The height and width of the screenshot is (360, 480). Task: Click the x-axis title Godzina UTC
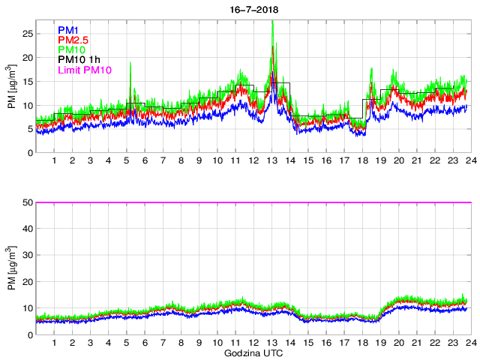[253, 352]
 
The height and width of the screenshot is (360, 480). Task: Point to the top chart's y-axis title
[11, 86]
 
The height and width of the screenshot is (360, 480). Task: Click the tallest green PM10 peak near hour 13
[272, 22]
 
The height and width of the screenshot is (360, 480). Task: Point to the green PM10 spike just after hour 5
[130, 64]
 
